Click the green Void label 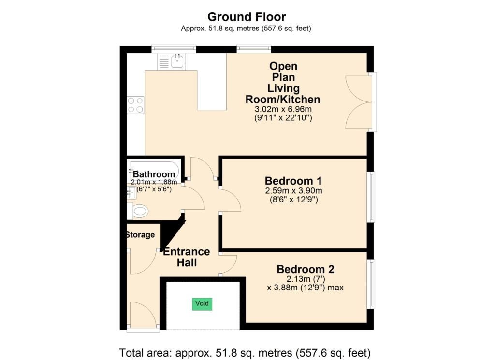coord(202,303)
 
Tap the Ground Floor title coord(247,16)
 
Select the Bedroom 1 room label coord(293,181)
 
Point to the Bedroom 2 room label coord(306,269)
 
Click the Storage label coord(140,235)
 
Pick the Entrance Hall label coord(187,257)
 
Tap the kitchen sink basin coord(178,61)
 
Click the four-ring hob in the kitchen coord(135,105)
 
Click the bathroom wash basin coord(131,193)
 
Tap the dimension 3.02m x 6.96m coord(283,110)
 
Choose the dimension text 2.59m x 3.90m coord(293,190)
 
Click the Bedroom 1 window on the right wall coord(372,197)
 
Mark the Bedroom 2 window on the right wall coord(372,284)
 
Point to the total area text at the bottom coord(245,352)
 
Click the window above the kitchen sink coord(174,49)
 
